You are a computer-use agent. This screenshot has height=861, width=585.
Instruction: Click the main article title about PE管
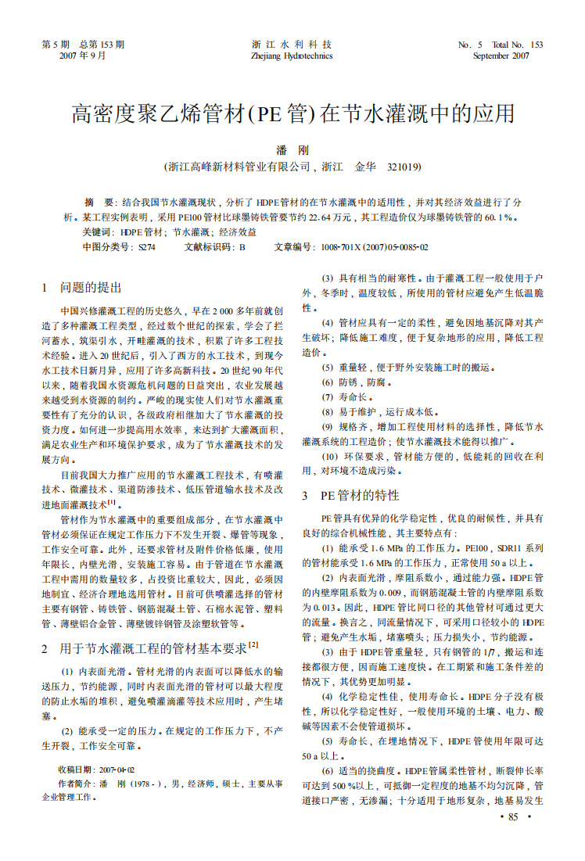293,114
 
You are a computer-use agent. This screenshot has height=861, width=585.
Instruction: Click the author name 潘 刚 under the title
292,150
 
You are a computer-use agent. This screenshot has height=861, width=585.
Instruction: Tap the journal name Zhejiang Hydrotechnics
292,56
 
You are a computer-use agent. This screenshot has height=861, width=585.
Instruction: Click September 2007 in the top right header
501,56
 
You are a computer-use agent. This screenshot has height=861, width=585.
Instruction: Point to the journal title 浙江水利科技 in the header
292,45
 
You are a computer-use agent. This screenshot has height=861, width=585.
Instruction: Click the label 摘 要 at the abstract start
99,201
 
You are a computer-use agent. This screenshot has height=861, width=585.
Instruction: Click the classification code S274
147,247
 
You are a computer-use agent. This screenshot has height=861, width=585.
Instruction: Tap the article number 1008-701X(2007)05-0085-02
374,247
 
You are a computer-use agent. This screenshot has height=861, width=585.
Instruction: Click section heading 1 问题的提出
81,288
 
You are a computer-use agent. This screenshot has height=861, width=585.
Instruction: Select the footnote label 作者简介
77,784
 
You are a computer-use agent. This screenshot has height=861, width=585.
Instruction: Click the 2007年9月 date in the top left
83,56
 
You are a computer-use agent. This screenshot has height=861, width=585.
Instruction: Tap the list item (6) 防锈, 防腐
354,382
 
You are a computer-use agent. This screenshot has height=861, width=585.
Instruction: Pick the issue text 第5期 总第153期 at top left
83,45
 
